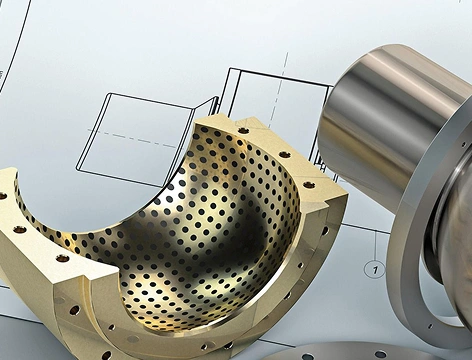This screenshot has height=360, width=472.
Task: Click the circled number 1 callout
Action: pos(376,269)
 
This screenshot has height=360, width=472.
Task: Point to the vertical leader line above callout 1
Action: pos(376,246)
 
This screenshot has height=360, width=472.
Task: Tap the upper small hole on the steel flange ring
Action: pos(464,144)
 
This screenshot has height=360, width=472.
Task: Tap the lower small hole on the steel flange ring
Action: pos(430,326)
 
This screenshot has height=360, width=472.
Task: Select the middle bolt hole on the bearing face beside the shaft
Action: pos(284,154)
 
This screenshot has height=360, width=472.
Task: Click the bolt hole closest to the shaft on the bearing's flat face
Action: pos(309,184)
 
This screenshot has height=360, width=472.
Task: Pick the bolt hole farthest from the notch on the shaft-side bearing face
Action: pos(243,130)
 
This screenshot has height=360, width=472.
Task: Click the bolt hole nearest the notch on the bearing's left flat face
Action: pos(62,258)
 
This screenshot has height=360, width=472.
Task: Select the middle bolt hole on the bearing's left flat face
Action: pos(19,229)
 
